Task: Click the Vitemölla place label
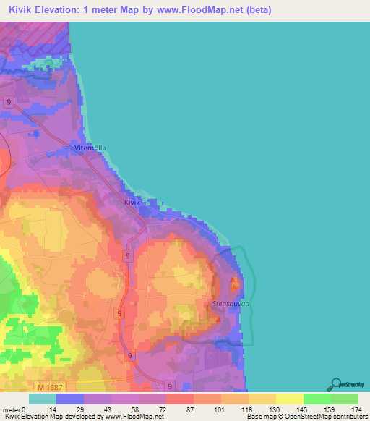pos(90,148)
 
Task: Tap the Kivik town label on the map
pos(131,203)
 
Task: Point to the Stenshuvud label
pos(231,305)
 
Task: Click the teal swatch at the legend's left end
pos(43,398)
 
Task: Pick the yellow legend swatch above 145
pos(289,398)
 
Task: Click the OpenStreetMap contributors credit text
pos(324,417)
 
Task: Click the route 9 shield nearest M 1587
pos(169,386)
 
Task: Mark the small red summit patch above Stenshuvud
pos(233,281)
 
